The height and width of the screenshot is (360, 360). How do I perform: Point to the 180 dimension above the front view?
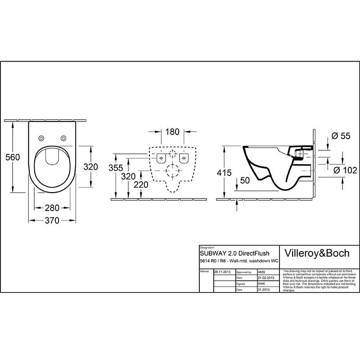(172, 132)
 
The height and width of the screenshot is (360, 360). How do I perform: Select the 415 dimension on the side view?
(224, 173)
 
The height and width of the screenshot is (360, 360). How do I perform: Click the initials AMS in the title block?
(261, 273)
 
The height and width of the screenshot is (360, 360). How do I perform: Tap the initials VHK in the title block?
(261, 284)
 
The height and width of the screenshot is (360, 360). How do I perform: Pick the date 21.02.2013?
(266, 279)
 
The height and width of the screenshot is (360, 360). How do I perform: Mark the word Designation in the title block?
(207, 247)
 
